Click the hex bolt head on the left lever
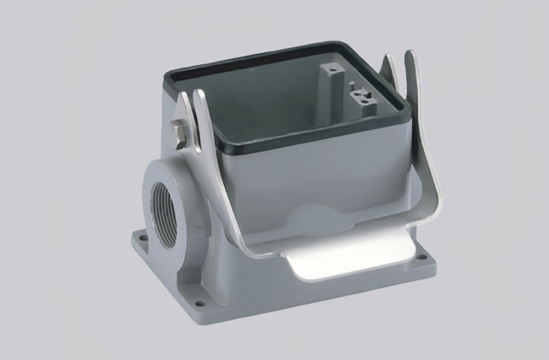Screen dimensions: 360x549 tap(179, 132)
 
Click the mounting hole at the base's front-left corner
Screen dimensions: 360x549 tap(201, 302)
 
